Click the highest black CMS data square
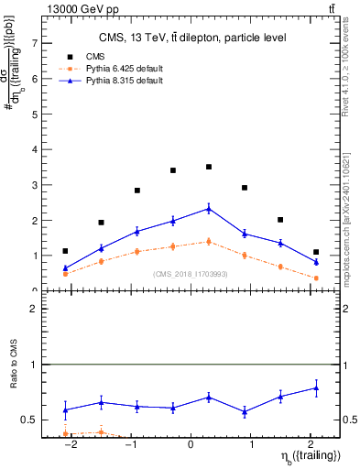[x=209, y=167]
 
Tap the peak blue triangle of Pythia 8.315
[x=209, y=209]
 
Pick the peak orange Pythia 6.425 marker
[x=209, y=241]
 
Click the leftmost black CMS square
[x=65, y=251]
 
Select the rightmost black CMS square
[x=316, y=252]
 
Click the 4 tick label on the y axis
[x=34, y=149]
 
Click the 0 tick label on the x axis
[x=191, y=444]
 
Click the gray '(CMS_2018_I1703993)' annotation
[x=191, y=274]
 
